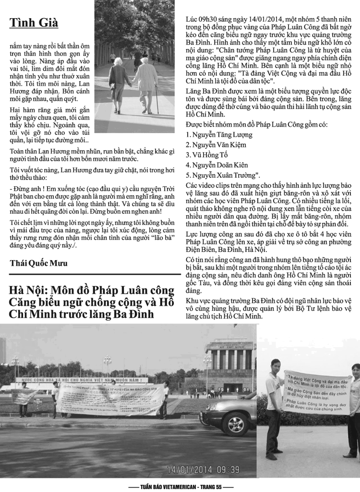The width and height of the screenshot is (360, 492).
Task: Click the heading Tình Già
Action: [34, 23]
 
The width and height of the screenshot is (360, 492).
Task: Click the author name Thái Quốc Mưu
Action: [39, 263]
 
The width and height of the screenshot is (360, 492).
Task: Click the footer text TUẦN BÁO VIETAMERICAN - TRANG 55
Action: [180, 486]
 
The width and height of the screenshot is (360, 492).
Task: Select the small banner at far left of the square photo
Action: [24, 396]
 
